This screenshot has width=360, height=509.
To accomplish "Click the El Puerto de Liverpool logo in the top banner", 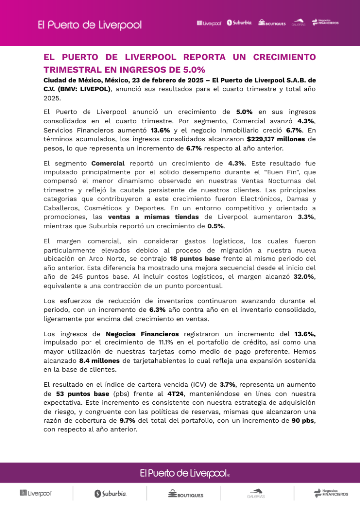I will coord(90,25).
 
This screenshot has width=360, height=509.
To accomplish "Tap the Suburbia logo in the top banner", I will coord(239,23).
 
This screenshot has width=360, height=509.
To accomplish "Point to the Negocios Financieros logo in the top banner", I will coord(325,22).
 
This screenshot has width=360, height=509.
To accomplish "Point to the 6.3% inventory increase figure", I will coord(157,310).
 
